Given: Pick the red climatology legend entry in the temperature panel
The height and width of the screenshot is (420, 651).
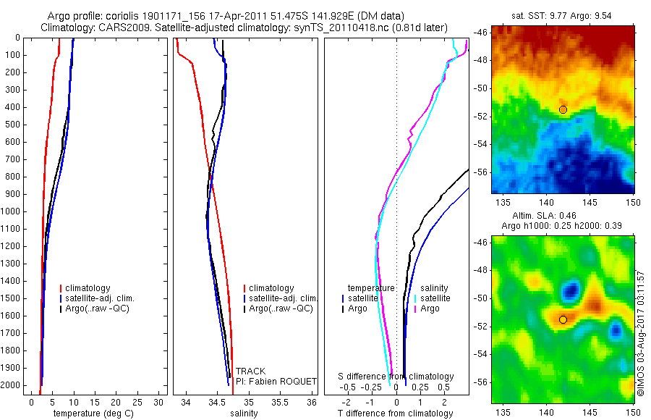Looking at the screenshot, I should click(x=88, y=288).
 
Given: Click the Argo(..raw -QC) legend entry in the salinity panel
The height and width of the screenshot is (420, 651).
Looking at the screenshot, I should click(x=281, y=308).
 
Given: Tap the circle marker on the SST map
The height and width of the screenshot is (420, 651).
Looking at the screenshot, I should click(x=563, y=109).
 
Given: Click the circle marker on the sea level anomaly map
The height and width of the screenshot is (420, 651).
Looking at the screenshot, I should click(x=563, y=319).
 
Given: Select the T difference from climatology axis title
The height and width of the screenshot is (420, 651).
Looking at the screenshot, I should click(x=395, y=413).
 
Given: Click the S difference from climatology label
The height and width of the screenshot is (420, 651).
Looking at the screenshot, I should click(x=396, y=377).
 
